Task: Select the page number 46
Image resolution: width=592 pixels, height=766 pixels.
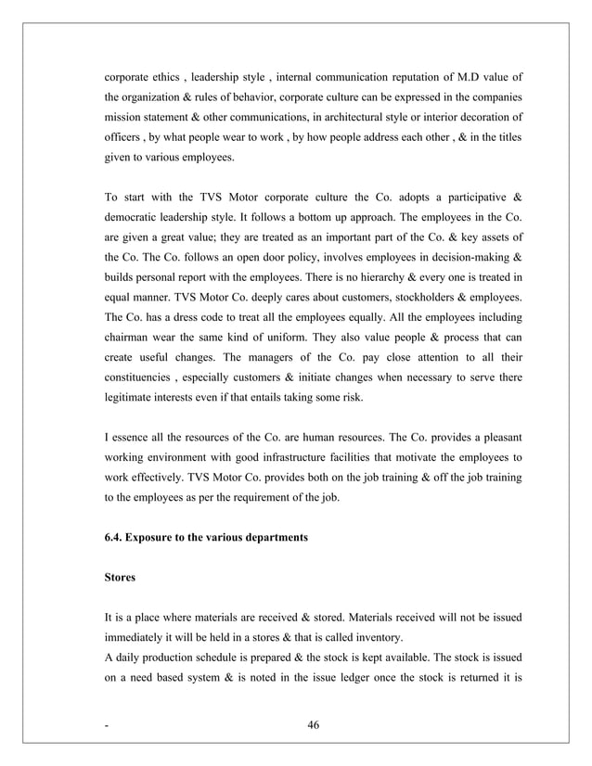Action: click(x=313, y=725)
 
